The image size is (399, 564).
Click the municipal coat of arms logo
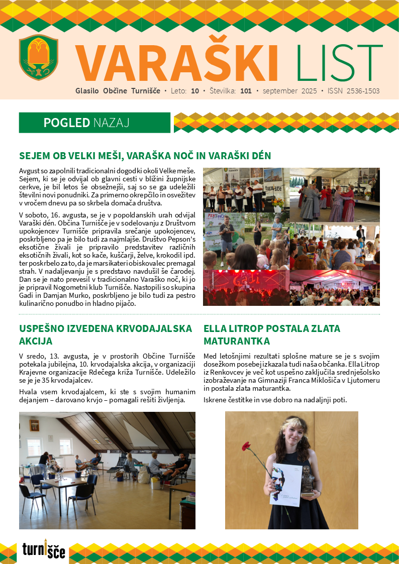39,57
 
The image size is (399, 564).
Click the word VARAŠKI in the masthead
177,64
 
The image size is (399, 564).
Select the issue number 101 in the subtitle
246,91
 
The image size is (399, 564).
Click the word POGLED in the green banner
66,123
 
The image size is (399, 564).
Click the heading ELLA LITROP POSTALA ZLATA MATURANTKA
272,335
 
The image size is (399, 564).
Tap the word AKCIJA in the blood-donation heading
36,342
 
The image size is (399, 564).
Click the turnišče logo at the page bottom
44,550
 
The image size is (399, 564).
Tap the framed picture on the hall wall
34,425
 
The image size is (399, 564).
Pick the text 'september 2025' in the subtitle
289,91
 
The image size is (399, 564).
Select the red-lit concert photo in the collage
246,288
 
